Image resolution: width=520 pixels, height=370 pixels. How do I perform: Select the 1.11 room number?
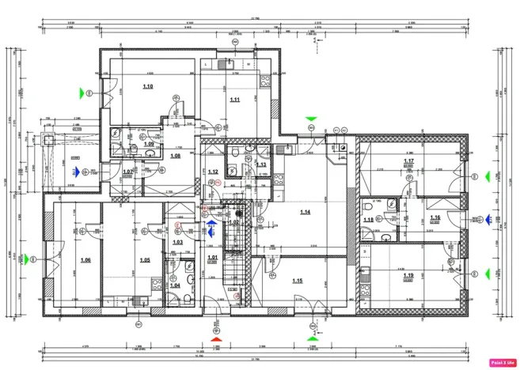tap(234, 100)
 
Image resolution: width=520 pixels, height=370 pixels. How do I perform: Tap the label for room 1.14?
tap(306, 212)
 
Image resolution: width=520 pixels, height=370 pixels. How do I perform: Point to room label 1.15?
tap(298, 281)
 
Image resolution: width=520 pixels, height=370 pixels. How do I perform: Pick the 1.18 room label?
tap(368, 220)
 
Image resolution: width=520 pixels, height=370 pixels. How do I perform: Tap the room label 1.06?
tap(85, 259)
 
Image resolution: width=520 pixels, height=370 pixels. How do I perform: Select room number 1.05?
tap(145, 259)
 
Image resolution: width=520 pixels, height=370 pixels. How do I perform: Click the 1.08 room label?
tap(175, 156)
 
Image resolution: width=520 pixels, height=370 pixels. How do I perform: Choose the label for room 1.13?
tap(260, 164)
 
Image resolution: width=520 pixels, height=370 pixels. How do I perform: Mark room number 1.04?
tap(175, 285)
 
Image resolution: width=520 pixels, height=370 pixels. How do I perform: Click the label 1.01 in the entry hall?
tap(212, 258)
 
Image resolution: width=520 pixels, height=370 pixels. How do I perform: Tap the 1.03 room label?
tap(178, 242)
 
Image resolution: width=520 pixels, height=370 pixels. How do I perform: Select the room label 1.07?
tap(127, 172)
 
